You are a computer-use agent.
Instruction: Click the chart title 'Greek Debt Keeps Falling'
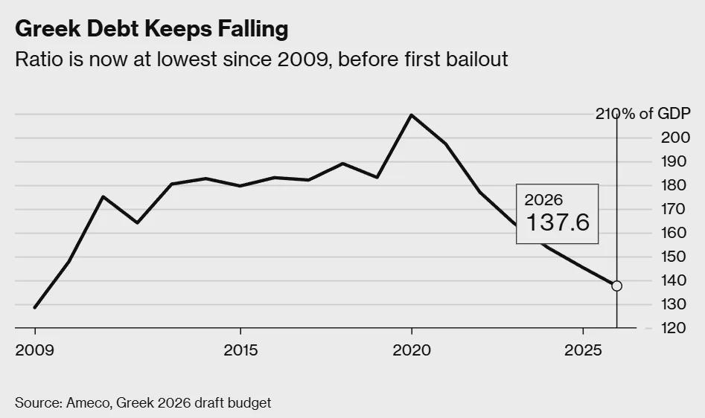point(151,29)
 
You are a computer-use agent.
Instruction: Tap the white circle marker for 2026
point(616,286)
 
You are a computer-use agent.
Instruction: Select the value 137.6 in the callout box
point(558,222)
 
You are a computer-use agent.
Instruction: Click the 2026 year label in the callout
point(543,200)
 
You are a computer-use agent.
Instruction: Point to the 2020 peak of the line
point(411,115)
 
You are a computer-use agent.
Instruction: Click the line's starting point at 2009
point(35,307)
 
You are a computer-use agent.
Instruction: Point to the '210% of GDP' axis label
point(642,114)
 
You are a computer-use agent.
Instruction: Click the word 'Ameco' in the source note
point(86,403)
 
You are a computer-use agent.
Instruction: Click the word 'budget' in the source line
point(251,403)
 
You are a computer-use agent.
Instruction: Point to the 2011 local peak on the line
point(103,196)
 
